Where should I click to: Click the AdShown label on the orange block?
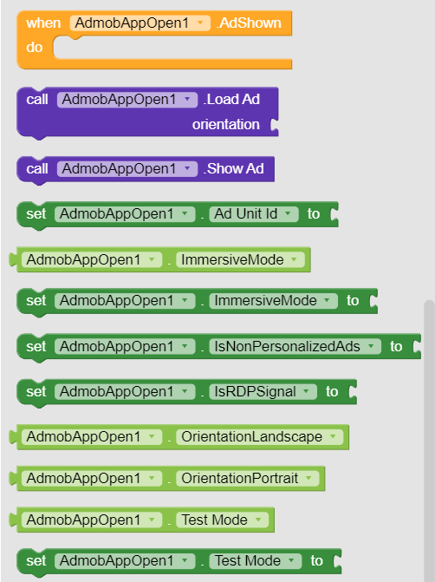[x=249, y=23]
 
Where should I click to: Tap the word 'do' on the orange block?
[x=34, y=48]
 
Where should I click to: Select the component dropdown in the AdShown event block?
[x=140, y=23]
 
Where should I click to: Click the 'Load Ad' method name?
[x=231, y=100]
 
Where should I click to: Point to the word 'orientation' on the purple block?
[x=226, y=124]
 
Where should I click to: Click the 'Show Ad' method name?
[x=234, y=169]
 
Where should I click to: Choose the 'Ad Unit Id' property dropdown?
[x=254, y=214]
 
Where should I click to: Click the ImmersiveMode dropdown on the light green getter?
[x=240, y=260]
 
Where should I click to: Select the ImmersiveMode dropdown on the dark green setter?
[x=273, y=301]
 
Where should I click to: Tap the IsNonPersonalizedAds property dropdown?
[x=295, y=346]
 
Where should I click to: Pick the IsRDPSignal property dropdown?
[x=263, y=391]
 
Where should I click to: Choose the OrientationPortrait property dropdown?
[x=247, y=478]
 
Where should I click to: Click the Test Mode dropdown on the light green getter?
[x=222, y=520]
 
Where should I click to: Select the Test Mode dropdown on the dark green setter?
[x=255, y=561]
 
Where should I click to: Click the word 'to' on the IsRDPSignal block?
[x=332, y=391]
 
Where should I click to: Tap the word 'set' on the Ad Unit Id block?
[x=36, y=214]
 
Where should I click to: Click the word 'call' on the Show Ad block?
[x=37, y=169]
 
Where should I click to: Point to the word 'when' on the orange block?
[x=43, y=23]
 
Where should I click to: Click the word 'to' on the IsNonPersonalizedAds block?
[x=396, y=346]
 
